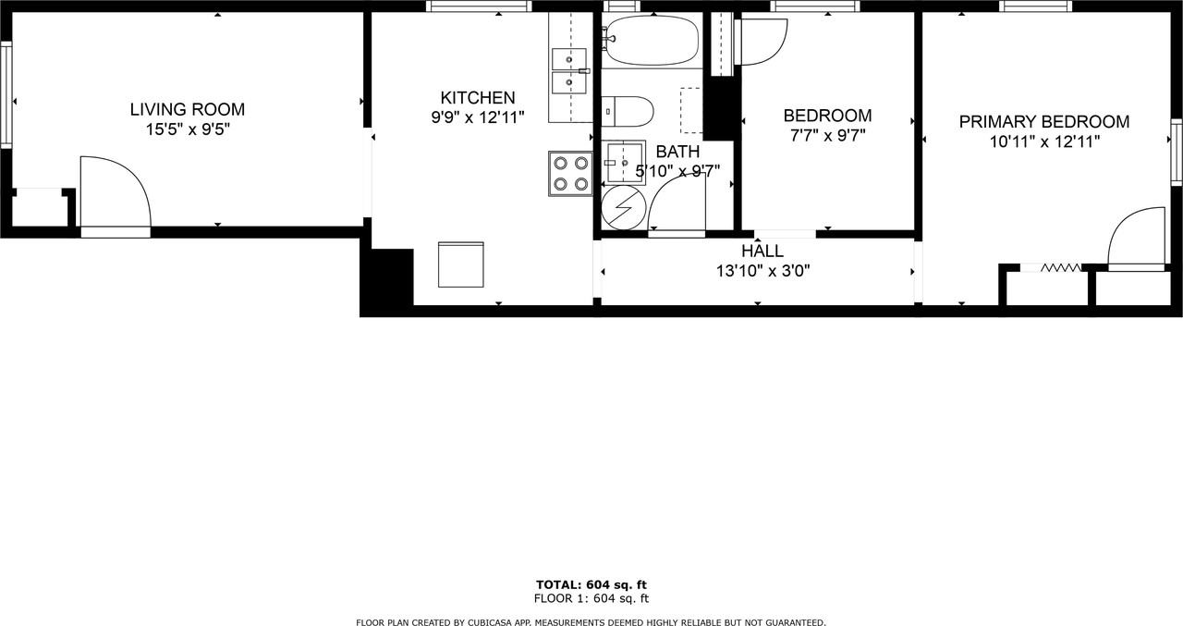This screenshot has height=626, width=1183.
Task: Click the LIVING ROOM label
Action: pos(187,110)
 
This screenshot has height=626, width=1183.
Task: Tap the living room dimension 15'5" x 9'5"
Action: pos(187,130)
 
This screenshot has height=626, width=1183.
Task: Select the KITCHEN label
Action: pos(477,98)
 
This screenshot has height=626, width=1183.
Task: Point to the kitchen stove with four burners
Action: pos(569,173)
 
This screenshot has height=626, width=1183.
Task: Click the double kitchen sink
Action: pos(568,71)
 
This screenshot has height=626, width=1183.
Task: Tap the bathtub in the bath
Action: pos(652,41)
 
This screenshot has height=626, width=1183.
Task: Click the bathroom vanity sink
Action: pos(625,163)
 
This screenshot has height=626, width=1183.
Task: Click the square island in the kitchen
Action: pos(460,265)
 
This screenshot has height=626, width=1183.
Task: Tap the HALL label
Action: pos(762,251)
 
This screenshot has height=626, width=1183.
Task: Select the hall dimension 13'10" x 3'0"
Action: pos(762,271)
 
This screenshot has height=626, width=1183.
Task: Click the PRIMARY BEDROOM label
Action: pos(1043,122)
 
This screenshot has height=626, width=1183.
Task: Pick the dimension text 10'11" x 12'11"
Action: pos(1043,142)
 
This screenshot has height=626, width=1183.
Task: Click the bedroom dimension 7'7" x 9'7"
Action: pos(826,136)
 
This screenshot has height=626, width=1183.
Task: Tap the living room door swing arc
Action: pos(118,190)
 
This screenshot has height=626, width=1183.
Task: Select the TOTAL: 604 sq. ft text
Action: pos(591,584)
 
